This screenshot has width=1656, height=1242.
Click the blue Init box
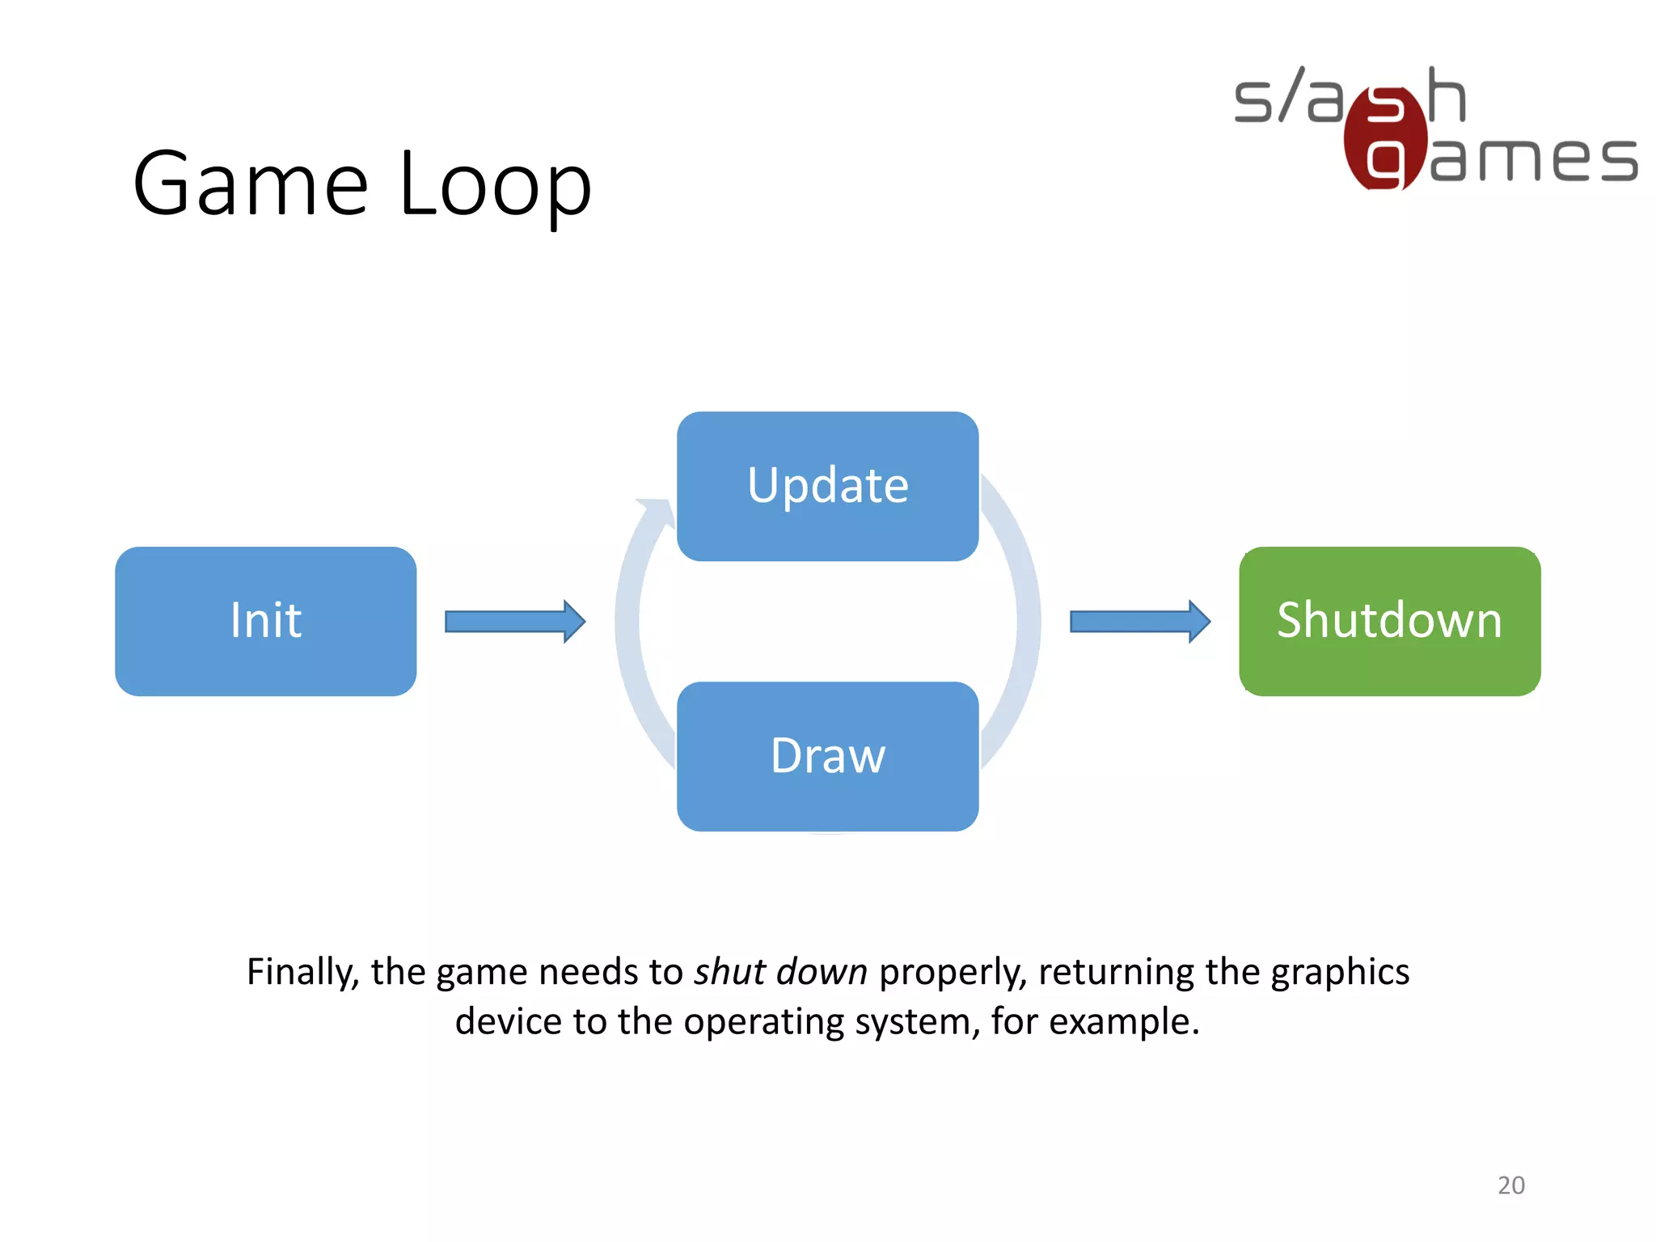(265, 621)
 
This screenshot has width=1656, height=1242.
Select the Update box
(827, 486)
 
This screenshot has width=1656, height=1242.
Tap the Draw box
(827, 756)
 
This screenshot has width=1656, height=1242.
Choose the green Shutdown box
(1389, 621)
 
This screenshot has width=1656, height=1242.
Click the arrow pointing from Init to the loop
(515, 621)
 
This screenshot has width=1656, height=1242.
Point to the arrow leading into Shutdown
(1139, 621)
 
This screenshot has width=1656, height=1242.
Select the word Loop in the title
(496, 186)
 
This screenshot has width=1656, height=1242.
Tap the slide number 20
(1510, 1185)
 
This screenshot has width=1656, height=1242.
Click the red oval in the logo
(1384, 137)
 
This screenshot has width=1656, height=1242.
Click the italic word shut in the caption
(729, 971)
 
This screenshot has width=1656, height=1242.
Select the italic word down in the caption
(821, 971)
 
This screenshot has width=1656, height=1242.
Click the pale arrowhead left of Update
(656, 511)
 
